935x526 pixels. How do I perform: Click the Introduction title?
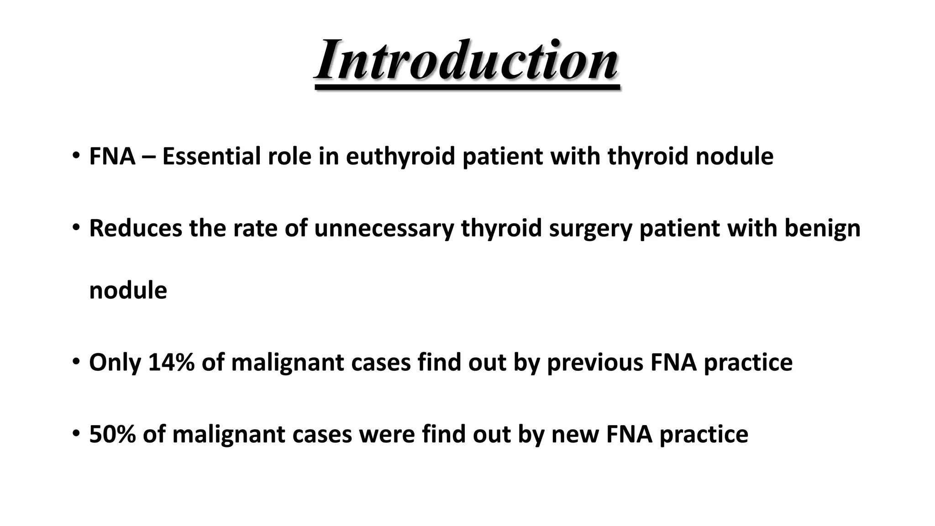pyautogui.click(x=467, y=61)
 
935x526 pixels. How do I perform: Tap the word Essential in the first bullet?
pyautogui.click(x=210, y=157)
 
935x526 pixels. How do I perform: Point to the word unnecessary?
pyautogui.click(x=383, y=228)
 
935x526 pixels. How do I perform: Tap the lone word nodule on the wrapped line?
pyautogui.click(x=128, y=290)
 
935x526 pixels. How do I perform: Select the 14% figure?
pyautogui.click(x=171, y=363)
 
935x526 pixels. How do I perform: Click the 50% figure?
pyautogui.click(x=112, y=434)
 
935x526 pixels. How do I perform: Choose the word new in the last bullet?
pyautogui.click(x=574, y=434)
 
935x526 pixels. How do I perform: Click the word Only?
pyautogui.click(x=115, y=363)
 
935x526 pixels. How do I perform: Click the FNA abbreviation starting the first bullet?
pyautogui.click(x=112, y=157)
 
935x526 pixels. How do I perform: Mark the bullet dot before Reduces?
pyautogui.click(x=76, y=227)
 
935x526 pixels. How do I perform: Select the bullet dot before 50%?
pyautogui.click(x=76, y=433)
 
